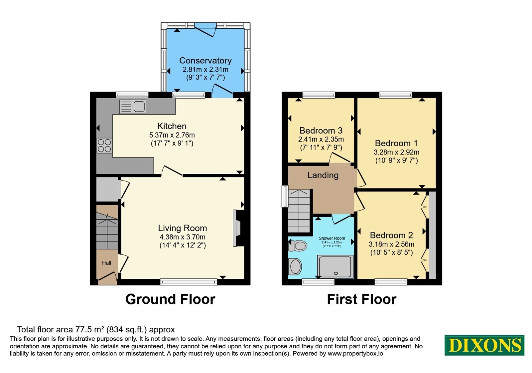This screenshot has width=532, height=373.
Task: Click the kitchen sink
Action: (x=133, y=107)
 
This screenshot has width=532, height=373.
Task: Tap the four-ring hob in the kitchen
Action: (x=104, y=145)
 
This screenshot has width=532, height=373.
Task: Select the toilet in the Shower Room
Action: (x=297, y=246)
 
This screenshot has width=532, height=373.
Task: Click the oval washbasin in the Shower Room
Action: (x=295, y=266)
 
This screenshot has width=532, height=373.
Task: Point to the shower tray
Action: (x=335, y=266)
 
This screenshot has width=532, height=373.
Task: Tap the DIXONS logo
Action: (x=484, y=345)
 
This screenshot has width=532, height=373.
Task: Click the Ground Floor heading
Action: (x=170, y=299)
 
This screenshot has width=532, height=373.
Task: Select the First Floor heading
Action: (x=361, y=299)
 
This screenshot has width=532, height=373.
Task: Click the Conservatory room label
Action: (x=205, y=60)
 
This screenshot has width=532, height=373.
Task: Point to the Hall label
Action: (x=107, y=263)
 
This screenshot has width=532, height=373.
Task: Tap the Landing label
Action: (x=323, y=175)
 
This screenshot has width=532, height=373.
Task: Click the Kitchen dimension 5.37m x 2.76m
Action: (x=172, y=135)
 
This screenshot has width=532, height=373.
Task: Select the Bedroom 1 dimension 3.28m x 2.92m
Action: (x=396, y=152)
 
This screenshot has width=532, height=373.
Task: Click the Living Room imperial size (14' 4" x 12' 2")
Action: (x=183, y=245)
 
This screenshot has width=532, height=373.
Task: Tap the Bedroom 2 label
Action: (x=391, y=235)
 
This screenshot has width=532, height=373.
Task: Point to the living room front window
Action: (x=189, y=282)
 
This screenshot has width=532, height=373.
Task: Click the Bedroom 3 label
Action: (x=321, y=131)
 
